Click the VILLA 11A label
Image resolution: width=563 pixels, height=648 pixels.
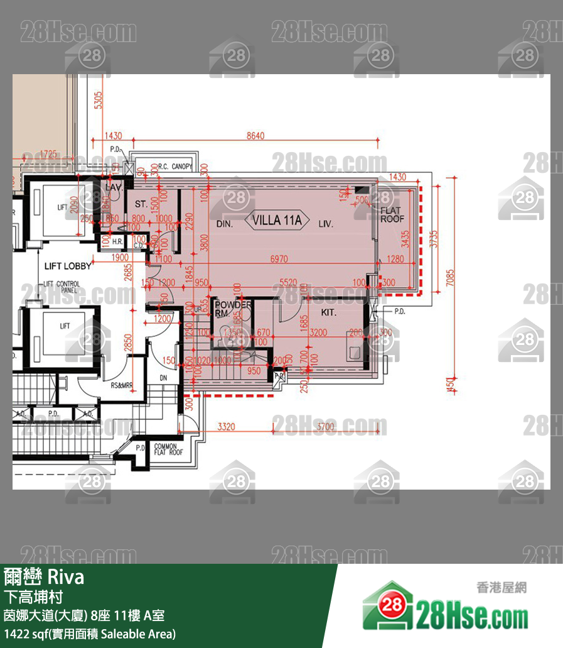click(277, 221)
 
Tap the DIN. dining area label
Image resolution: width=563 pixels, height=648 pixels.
click(225, 224)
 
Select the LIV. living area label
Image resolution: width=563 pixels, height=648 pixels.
click(325, 224)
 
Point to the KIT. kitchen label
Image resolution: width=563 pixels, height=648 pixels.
click(328, 312)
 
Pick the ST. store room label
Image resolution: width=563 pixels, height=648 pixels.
click(140, 204)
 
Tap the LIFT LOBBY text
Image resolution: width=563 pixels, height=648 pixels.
click(68, 266)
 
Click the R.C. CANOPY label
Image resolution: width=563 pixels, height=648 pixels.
click(176, 167)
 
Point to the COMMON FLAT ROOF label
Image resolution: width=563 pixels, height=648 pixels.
click(168, 449)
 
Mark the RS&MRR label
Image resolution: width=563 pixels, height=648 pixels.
click(122, 386)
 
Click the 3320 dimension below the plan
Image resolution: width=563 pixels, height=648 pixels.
click(226, 427)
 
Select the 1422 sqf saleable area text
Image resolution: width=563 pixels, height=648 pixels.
click(90, 634)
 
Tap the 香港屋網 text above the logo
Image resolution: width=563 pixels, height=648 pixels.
click(501, 588)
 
